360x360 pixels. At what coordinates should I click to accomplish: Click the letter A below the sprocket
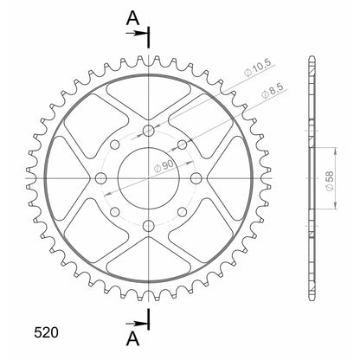tap(131, 336)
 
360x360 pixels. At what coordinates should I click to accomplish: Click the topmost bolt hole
tap(149, 131)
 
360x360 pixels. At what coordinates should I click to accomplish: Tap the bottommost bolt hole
tap(149, 226)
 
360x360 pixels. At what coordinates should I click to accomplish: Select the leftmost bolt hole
tap(101, 177)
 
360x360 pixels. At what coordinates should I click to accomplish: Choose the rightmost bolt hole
tap(196, 177)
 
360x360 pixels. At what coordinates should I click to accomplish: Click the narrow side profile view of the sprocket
tap(311, 177)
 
